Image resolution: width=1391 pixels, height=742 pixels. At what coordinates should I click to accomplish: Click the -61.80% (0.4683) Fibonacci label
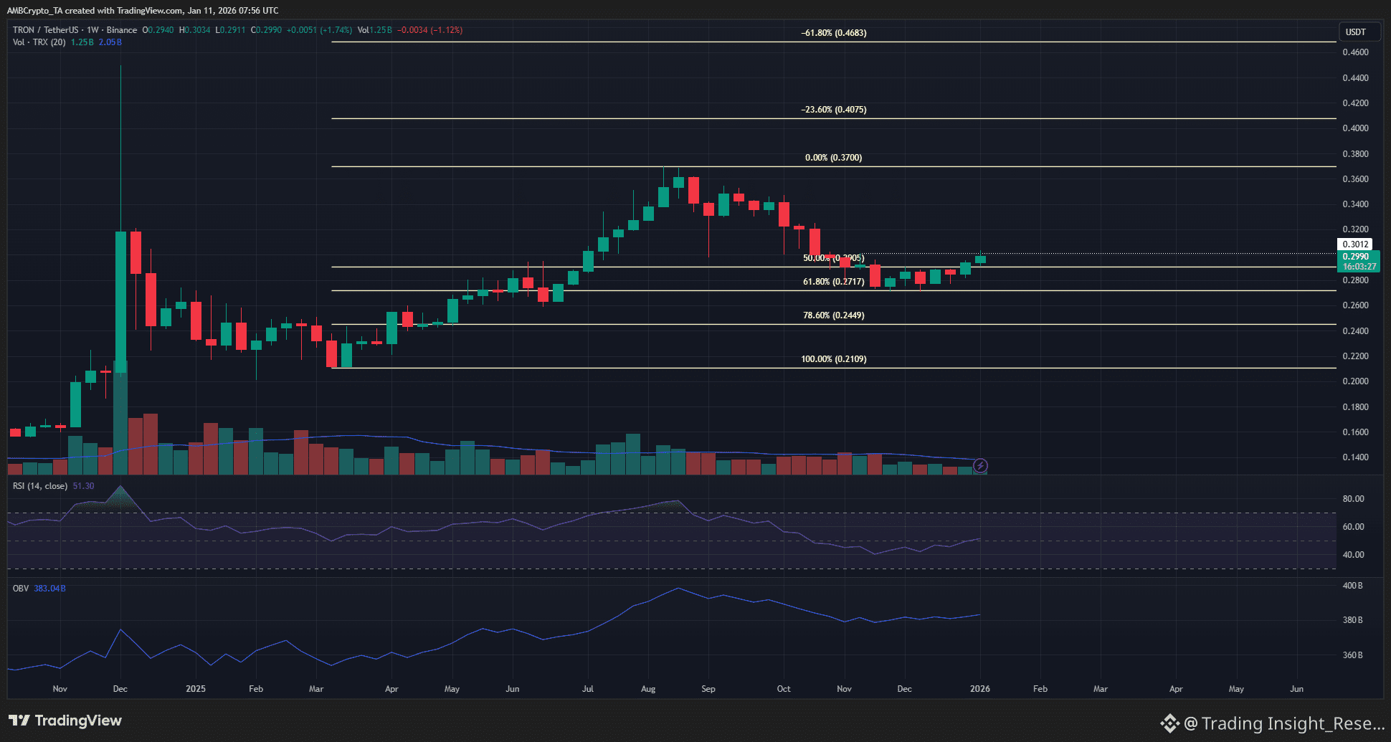[833, 33]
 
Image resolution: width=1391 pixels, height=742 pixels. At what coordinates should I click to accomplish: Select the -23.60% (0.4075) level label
[833, 110]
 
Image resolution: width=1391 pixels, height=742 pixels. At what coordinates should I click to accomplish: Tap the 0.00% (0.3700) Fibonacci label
[833, 158]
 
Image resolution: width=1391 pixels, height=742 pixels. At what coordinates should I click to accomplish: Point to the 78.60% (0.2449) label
[833, 315]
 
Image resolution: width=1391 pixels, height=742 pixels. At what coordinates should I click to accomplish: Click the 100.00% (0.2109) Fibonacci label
[833, 359]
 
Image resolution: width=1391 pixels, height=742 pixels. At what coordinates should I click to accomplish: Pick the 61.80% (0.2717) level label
[833, 282]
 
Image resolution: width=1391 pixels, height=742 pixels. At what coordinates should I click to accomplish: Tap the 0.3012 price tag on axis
[1355, 244]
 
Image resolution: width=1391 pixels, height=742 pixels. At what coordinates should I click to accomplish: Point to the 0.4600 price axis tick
[1355, 52]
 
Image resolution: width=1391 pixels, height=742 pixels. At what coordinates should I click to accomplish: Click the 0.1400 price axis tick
[1355, 457]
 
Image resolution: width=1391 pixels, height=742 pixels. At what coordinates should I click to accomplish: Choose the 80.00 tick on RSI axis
[1353, 499]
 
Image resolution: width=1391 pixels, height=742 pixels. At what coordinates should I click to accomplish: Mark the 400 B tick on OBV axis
[1352, 586]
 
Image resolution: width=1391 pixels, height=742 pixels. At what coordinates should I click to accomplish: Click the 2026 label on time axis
[979, 689]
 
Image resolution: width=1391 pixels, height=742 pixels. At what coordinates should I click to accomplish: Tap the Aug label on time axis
[647, 689]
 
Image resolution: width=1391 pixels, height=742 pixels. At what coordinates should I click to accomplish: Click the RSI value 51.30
[83, 486]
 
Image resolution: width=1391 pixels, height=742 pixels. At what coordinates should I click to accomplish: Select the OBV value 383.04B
[50, 589]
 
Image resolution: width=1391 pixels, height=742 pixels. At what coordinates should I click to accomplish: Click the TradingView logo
[65, 720]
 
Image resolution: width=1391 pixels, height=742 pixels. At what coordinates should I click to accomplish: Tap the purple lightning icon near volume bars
[980, 466]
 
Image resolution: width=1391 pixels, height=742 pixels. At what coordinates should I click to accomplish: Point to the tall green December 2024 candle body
[120, 301]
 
